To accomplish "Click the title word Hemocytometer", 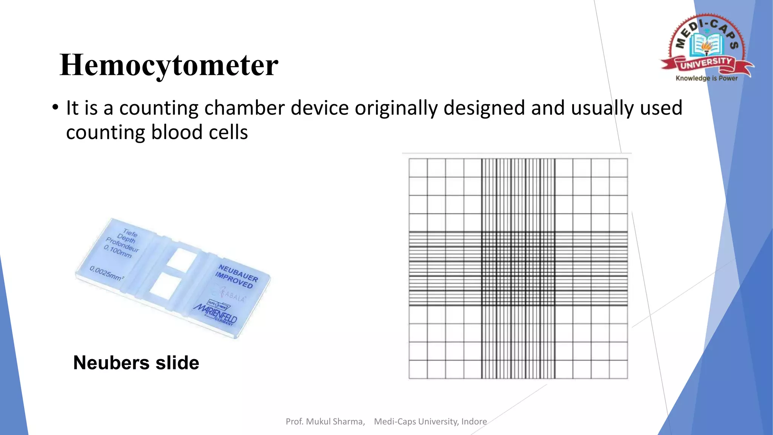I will (169, 65).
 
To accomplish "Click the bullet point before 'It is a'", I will (55, 108).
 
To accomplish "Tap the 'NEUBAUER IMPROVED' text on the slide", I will (236, 276).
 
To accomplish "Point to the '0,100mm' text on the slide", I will (118, 251).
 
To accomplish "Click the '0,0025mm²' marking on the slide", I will (107, 273).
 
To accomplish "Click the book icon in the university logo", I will (706, 45).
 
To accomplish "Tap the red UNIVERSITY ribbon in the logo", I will (706, 63).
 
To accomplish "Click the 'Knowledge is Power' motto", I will (706, 78).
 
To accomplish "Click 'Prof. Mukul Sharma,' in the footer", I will (325, 421).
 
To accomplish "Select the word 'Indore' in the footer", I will (474, 421).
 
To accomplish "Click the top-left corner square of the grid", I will (418, 167).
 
